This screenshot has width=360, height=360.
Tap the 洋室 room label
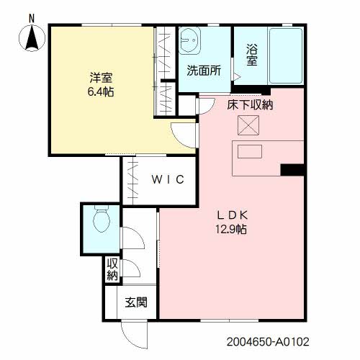coord(101,78)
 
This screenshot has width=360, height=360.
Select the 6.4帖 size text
coord(101,91)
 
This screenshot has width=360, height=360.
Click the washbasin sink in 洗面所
coord(189,40)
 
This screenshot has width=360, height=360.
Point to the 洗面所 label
coord(204,71)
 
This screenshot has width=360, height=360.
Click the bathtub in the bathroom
coord(286,56)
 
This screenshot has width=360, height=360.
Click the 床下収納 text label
coord(250,105)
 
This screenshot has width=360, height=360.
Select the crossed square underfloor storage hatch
coord(248,125)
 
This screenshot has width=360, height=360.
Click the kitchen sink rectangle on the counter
coord(250,151)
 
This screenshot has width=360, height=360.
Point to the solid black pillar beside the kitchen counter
coord(292,170)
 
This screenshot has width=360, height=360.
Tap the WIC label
coord(168,179)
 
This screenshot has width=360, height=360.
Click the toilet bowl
coord(102,219)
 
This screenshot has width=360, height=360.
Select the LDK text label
coord(233,215)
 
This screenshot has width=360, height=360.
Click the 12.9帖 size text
coord(230,229)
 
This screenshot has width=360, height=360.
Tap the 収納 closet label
coord(112,269)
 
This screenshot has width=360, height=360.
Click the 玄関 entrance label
coord(136,302)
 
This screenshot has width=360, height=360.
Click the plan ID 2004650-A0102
coord(268,342)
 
